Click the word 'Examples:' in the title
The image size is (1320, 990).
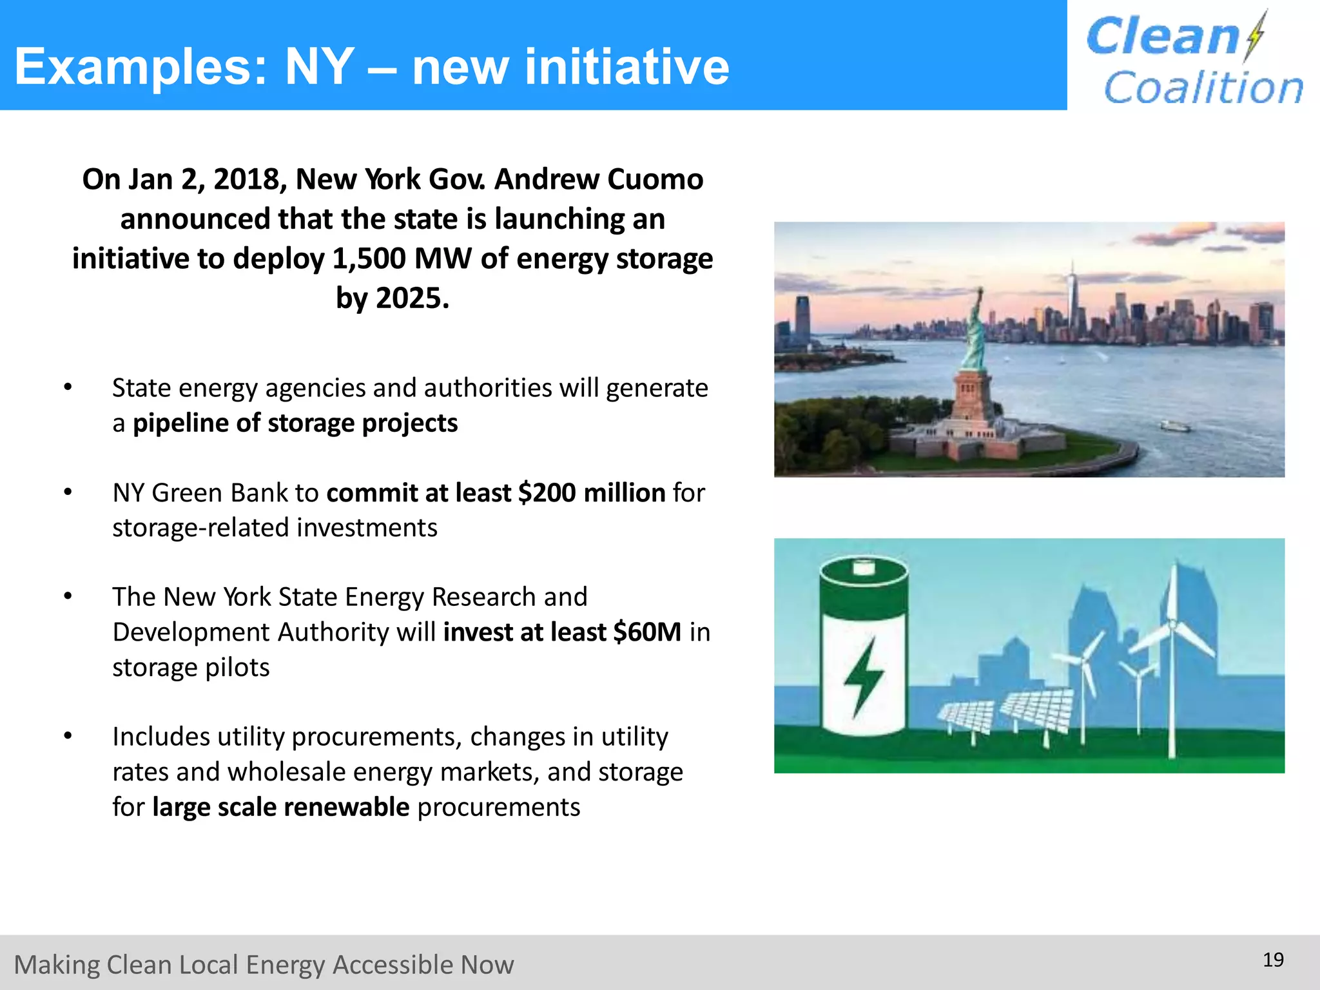tap(141, 67)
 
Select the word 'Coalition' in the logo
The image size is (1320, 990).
tap(1203, 88)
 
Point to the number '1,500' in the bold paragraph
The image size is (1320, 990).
tap(369, 259)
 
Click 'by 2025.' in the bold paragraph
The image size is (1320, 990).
tap(392, 298)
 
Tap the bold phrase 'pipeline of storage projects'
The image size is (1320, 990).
tap(295, 423)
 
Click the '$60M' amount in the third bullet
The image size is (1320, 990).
tap(647, 632)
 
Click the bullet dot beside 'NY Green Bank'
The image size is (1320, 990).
tap(68, 492)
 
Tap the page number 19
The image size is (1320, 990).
tap(1273, 960)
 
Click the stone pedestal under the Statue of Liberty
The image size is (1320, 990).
tap(972, 396)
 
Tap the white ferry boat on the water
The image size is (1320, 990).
tap(1174, 425)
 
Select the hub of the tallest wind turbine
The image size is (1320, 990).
tap(1172, 625)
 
